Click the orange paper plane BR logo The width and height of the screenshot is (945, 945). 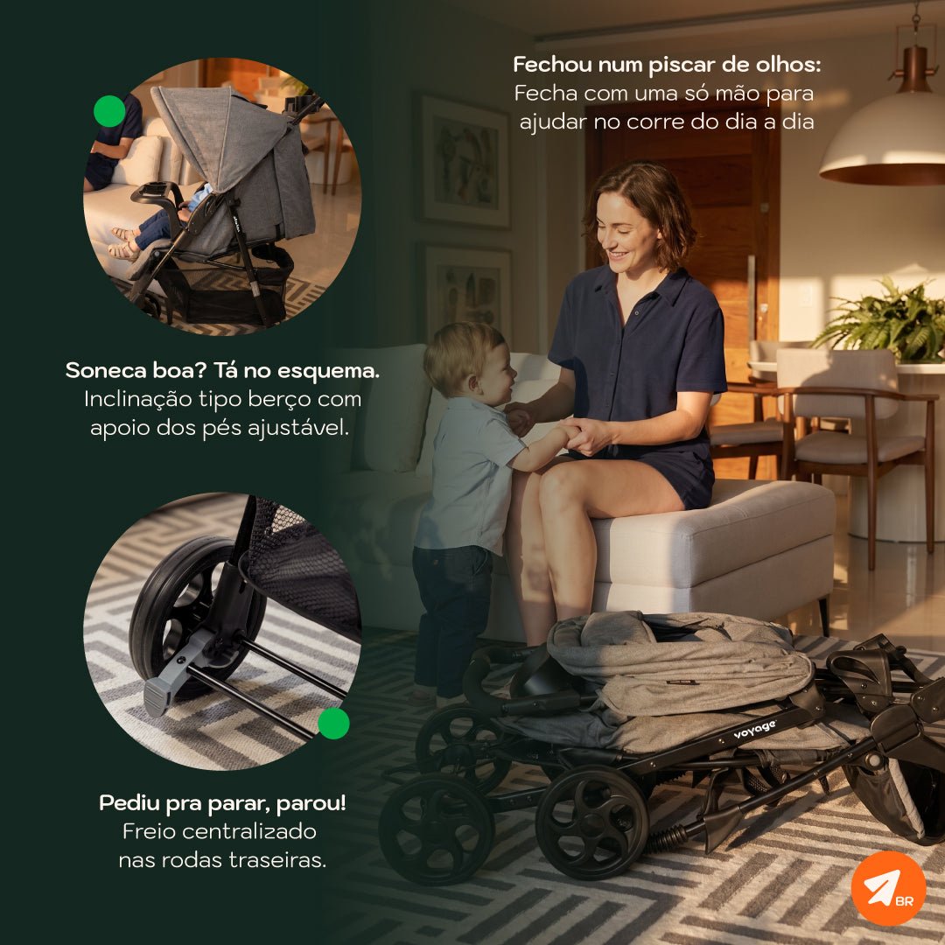(x=888, y=888)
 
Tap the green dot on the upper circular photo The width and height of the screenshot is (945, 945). (x=109, y=111)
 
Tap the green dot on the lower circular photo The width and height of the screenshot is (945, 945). (x=333, y=724)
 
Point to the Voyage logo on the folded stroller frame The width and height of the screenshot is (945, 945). (x=754, y=729)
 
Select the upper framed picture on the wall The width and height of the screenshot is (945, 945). (x=463, y=162)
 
